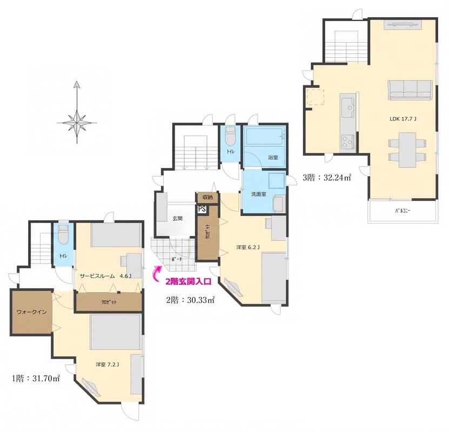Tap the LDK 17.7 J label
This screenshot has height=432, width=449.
(403, 119)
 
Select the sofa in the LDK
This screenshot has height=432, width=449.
(410, 90)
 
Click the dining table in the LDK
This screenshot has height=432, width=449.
(407, 150)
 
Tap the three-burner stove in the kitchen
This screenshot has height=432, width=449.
(348, 141)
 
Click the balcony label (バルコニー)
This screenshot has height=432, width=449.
(403, 211)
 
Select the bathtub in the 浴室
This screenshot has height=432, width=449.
(264, 137)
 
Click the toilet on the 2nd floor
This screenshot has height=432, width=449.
(230, 137)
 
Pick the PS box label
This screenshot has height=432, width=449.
(202, 209)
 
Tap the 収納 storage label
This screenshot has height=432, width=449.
(207, 197)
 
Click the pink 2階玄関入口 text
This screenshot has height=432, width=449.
(189, 281)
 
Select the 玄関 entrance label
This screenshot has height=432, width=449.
(177, 218)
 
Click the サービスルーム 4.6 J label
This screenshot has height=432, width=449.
(105, 276)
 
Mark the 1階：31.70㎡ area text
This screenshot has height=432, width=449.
(36, 379)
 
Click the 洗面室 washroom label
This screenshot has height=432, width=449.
(259, 194)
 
